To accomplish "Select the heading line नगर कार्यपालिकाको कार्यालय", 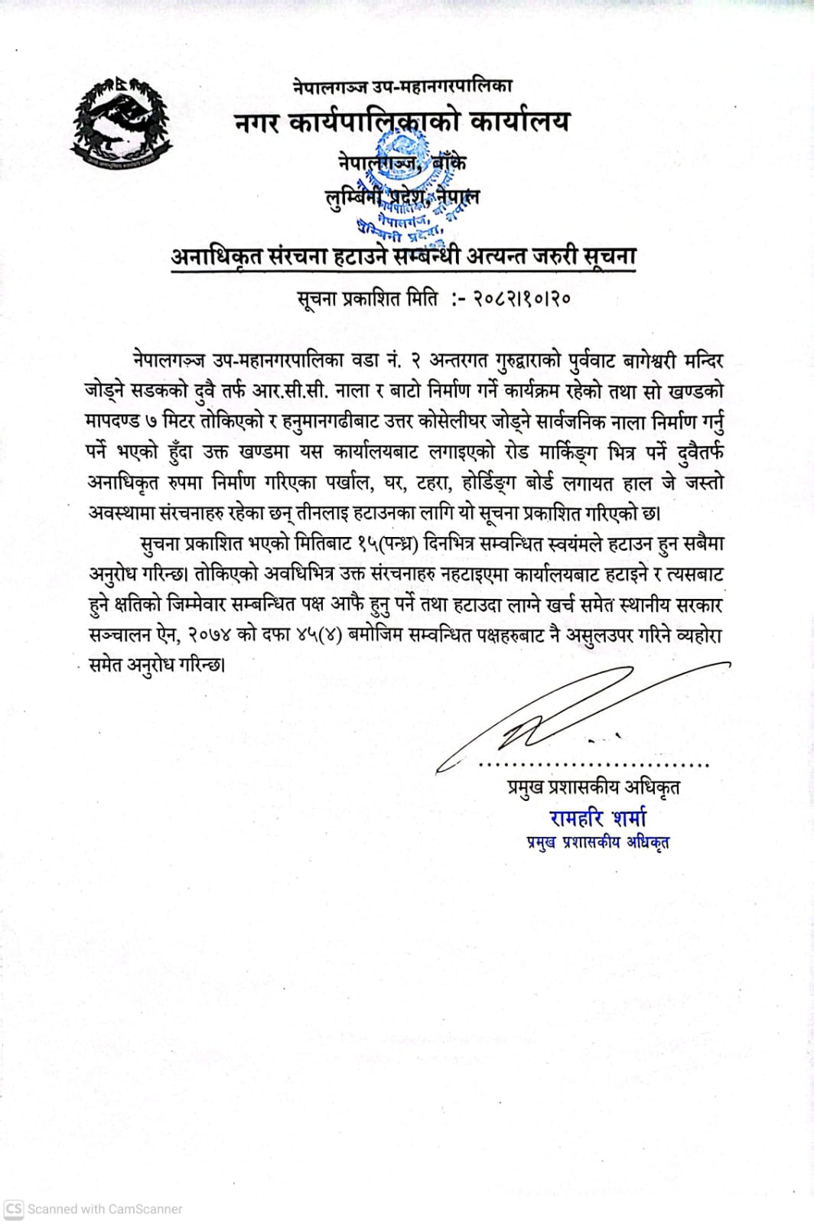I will coord(402,122).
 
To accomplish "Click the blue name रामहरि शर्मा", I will coord(597,818).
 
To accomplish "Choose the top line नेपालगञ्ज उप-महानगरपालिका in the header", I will coord(402,87).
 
